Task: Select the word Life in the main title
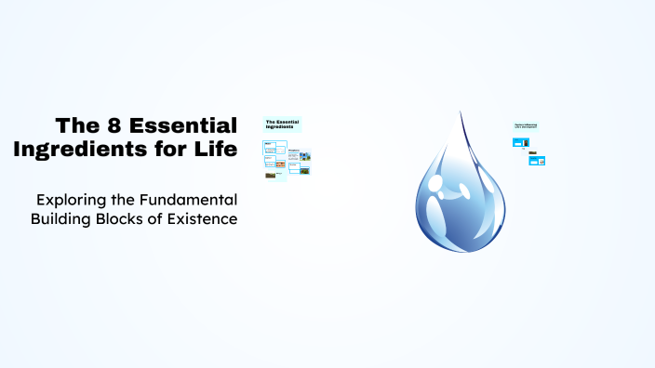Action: pos(216,148)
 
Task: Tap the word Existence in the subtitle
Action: pos(206,219)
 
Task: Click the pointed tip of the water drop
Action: pos(461,113)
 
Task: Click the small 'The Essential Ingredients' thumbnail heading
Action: pos(281,124)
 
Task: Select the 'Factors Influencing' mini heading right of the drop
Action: pos(527,125)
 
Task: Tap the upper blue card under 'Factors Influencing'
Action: pos(520,142)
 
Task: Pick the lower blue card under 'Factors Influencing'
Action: pos(536,161)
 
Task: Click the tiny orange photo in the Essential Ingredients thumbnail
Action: pos(271,174)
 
